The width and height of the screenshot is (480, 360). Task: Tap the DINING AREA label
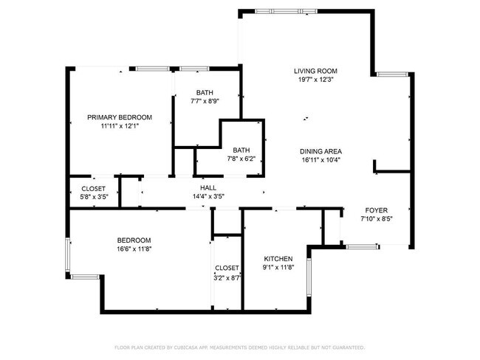(321, 151)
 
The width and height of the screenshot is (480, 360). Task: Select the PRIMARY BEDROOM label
(120, 117)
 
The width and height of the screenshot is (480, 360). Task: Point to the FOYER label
(376, 210)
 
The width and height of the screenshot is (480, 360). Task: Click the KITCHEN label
(278, 258)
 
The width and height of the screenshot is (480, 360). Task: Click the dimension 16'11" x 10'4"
(321, 160)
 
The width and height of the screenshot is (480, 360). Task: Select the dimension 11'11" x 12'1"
(120, 126)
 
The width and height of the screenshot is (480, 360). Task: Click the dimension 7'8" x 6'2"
(241, 158)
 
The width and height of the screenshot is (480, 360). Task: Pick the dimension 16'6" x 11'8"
(134, 249)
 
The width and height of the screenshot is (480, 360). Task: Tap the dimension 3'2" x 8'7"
(227, 277)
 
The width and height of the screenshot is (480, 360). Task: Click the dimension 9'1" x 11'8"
(278, 267)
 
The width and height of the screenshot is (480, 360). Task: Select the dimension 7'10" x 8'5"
(376, 218)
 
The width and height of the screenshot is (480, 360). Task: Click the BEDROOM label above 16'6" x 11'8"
(134, 240)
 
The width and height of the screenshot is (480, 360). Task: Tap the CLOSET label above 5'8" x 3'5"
(93, 188)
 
